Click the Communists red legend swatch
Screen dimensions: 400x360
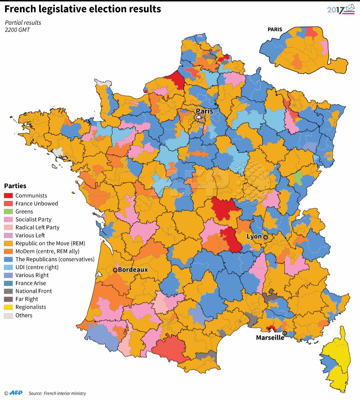coord(8,196)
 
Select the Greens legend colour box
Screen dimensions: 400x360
coord(8,212)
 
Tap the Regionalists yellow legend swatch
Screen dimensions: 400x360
coord(8,307)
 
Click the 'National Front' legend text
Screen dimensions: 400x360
coord(34,291)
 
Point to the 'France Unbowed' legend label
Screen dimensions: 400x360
coord(37,203)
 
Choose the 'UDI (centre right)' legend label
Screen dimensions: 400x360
coord(37,267)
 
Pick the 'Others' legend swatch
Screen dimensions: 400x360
coord(8,315)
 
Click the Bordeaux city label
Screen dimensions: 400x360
coord(133,270)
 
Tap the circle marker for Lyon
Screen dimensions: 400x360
coord(265,237)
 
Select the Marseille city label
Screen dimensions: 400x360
coord(270,338)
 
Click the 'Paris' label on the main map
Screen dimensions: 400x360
coord(204,111)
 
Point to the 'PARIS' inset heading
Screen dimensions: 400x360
coord(275,29)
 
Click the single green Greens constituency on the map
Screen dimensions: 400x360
coord(299,177)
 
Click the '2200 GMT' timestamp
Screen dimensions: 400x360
coord(17,30)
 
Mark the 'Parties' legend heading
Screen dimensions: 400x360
coord(15,186)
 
